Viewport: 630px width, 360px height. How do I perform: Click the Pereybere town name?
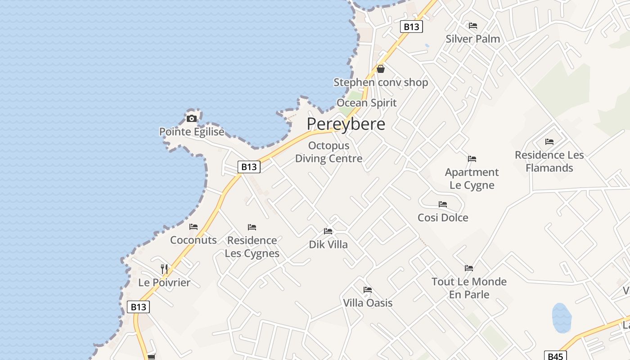[346, 124]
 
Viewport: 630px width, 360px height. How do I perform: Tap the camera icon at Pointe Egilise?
[192, 119]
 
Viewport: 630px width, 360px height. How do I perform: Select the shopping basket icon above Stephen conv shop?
[381, 69]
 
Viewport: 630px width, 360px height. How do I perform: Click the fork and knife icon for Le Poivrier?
[164, 269]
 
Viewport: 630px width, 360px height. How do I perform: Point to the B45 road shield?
[555, 356]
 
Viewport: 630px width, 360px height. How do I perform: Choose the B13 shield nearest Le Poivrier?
[138, 307]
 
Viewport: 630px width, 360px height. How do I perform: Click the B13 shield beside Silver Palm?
[411, 27]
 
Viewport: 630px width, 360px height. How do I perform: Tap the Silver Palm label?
[472, 39]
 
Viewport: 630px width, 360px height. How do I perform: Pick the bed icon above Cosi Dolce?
[443, 204]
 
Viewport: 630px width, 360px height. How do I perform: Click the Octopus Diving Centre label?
[328, 152]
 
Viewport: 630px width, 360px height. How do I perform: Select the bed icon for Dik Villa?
[328, 231]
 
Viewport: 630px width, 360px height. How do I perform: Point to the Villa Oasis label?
[368, 303]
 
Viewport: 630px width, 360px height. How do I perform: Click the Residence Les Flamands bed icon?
[549, 142]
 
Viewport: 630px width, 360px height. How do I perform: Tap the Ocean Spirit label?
[366, 103]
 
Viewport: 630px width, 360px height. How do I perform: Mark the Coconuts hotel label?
[193, 240]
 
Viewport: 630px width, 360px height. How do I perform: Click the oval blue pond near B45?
[561, 317]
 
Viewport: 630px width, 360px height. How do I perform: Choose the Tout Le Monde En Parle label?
[469, 288]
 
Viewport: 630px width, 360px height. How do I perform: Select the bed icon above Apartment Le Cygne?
[472, 159]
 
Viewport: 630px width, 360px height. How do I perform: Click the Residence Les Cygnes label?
[252, 247]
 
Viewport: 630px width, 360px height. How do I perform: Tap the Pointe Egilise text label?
[192, 132]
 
